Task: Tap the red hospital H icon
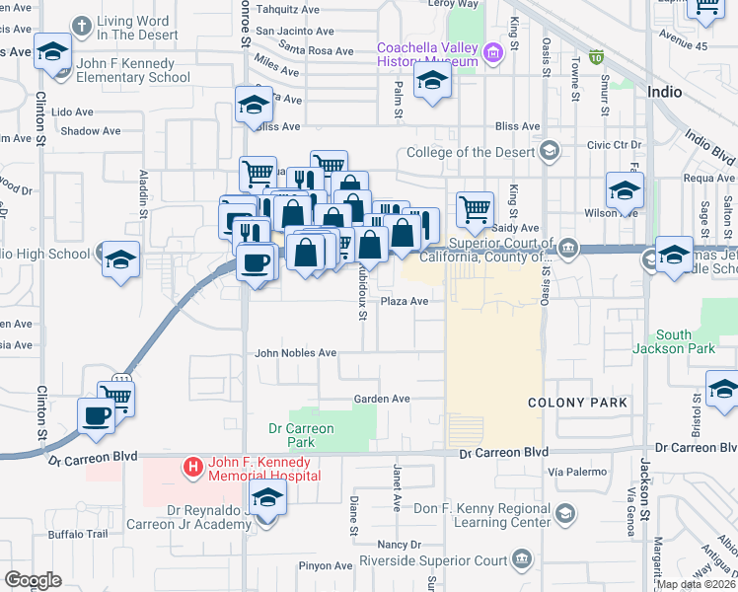[x=194, y=465]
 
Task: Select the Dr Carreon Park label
[x=302, y=435]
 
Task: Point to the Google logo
[x=33, y=580]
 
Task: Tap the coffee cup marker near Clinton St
[x=96, y=415]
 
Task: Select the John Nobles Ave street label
[x=296, y=352]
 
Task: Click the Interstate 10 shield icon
[x=596, y=56]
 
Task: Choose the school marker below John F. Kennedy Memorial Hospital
[x=267, y=498]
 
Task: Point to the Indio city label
[x=665, y=91]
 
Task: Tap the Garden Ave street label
[x=383, y=399]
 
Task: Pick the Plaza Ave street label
[x=405, y=302]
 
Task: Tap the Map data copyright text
[x=697, y=584]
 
